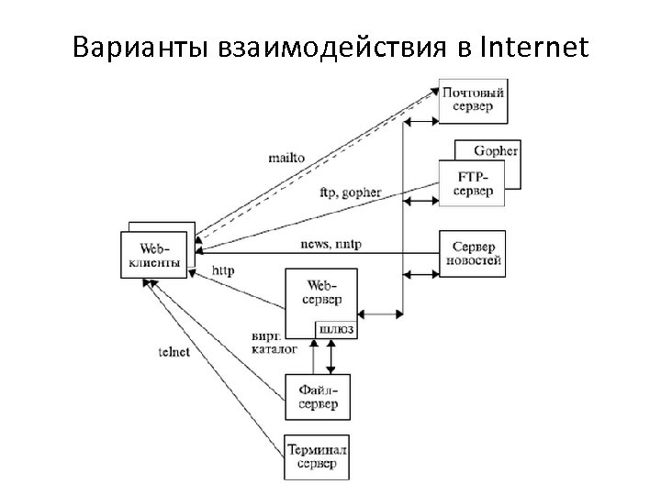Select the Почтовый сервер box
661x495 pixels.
472,99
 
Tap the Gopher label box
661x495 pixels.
496,150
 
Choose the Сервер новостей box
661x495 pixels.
472,254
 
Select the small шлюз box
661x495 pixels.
336,327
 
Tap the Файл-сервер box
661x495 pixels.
318,396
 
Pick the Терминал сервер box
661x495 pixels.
318,456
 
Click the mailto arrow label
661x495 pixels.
286,157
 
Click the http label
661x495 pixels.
222,270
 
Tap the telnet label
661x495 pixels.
174,352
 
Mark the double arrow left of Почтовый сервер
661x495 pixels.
420,120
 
